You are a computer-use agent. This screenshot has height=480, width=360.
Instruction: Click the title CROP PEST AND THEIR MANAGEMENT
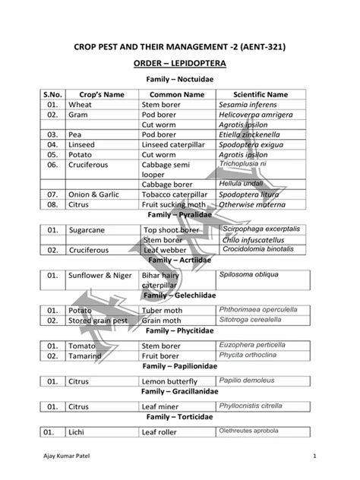tap(179, 47)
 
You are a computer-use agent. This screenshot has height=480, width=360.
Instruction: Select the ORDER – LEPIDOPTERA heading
tap(179, 64)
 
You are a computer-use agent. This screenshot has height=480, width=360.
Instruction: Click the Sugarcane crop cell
tap(90, 229)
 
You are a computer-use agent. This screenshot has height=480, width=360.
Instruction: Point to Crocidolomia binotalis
tap(257, 248)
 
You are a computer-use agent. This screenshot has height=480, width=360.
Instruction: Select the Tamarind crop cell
tap(86, 355)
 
